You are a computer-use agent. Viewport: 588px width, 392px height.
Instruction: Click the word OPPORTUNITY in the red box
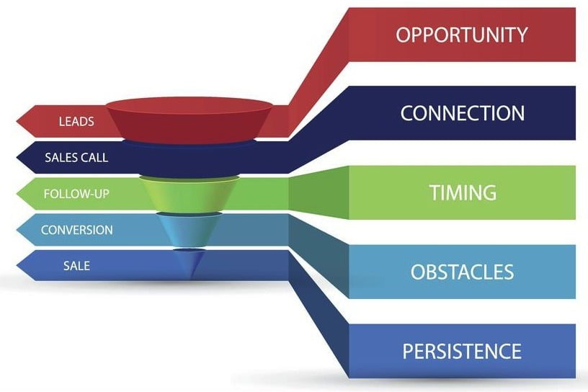pos(462,35)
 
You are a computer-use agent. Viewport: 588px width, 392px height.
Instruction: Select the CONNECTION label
pos(463,113)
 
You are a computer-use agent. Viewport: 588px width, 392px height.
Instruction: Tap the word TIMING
pos(463,192)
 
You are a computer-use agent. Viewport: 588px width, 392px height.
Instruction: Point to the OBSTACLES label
pos(462,272)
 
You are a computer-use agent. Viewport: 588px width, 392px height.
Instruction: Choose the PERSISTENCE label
pos(462,351)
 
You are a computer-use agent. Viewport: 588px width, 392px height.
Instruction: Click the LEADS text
pos(76,122)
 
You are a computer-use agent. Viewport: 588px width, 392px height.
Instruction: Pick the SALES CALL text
pos(76,158)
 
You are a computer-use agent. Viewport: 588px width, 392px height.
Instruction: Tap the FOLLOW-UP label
pos(76,194)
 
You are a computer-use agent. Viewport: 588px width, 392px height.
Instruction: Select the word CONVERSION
pos(77,230)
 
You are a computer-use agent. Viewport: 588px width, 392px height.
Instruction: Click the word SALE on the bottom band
pos(76,266)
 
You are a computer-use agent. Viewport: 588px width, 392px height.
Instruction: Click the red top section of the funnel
pos(190,120)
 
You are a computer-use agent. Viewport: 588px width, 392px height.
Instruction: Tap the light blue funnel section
pos(190,230)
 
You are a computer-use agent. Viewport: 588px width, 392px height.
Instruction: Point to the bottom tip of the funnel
pos(190,278)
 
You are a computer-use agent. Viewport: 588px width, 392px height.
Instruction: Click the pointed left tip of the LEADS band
pos(17,121)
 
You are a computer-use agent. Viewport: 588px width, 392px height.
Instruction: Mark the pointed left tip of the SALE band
pos(17,266)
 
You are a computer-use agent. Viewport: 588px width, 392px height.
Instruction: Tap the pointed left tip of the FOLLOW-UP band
pos(17,194)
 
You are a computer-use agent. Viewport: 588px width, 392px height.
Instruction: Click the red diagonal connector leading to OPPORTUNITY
pos(318,71)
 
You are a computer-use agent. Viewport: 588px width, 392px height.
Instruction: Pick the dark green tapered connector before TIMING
pos(318,193)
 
